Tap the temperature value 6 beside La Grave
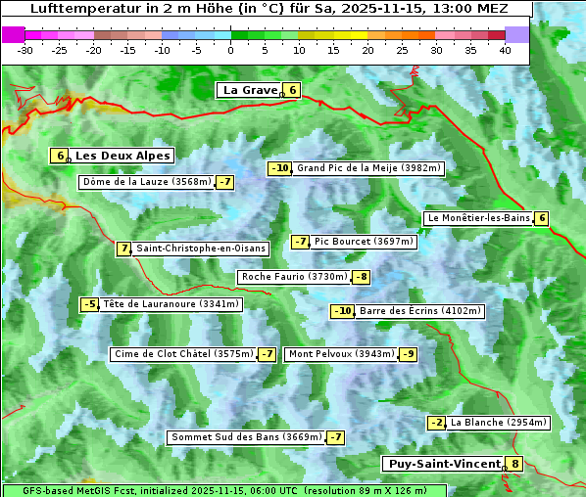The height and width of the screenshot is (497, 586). click(x=292, y=90)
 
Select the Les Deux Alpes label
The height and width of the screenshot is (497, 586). click(x=123, y=156)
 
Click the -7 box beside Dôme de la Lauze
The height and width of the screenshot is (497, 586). click(x=225, y=182)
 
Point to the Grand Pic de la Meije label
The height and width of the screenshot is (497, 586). click(x=369, y=168)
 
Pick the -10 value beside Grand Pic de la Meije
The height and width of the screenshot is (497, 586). click(x=280, y=168)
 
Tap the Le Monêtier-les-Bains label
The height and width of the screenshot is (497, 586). click(x=477, y=218)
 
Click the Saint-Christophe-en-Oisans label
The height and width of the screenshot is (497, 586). click(x=200, y=248)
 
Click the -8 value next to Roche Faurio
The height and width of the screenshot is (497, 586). click(x=362, y=277)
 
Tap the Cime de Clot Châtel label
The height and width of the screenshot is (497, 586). click(x=183, y=354)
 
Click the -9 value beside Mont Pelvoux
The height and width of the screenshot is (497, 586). click(x=408, y=354)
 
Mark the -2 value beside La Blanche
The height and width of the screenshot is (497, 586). click(x=437, y=423)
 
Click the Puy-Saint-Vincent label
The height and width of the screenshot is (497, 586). click(x=443, y=464)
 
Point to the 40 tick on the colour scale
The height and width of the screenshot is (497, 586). click(x=505, y=50)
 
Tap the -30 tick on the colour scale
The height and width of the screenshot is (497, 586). click(x=25, y=50)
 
